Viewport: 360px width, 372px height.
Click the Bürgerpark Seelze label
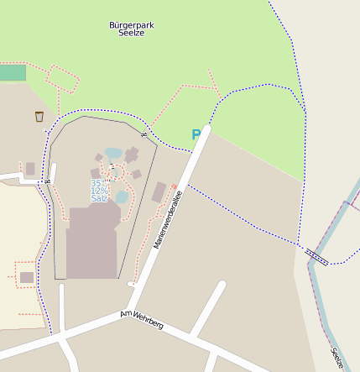132,29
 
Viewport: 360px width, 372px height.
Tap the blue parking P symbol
196,134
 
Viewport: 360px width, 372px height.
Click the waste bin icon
39,117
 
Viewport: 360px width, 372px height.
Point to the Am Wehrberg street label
142,319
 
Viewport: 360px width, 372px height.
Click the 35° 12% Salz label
99,190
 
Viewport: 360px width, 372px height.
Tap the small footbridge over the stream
317,256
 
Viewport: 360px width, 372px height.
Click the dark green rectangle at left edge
12,73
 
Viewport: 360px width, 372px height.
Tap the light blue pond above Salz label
113,154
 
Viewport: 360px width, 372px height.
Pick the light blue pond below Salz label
123,196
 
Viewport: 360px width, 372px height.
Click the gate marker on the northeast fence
143,134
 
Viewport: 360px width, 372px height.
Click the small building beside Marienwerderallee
159,192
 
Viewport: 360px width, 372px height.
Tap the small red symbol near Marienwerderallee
174,186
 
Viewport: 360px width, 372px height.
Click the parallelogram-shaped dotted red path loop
63,79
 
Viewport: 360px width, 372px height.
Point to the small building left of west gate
30,169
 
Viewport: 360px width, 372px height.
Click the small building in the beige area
27,277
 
